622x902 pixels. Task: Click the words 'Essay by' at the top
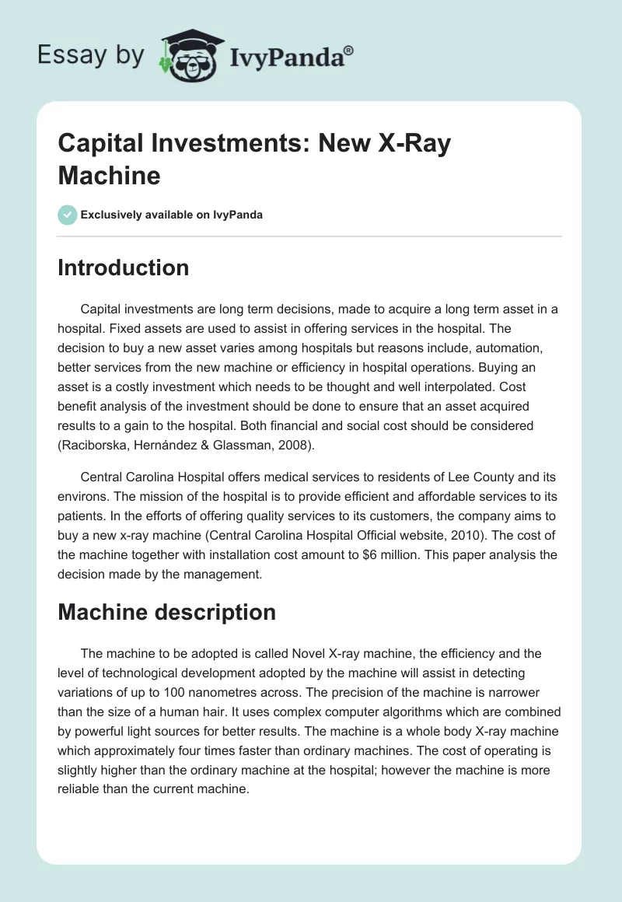click(x=90, y=55)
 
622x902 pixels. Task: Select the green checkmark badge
click(x=68, y=215)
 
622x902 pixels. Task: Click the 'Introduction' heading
click(x=124, y=267)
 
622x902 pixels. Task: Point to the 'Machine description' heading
click(x=167, y=612)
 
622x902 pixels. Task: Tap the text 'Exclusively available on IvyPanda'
click(x=172, y=215)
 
